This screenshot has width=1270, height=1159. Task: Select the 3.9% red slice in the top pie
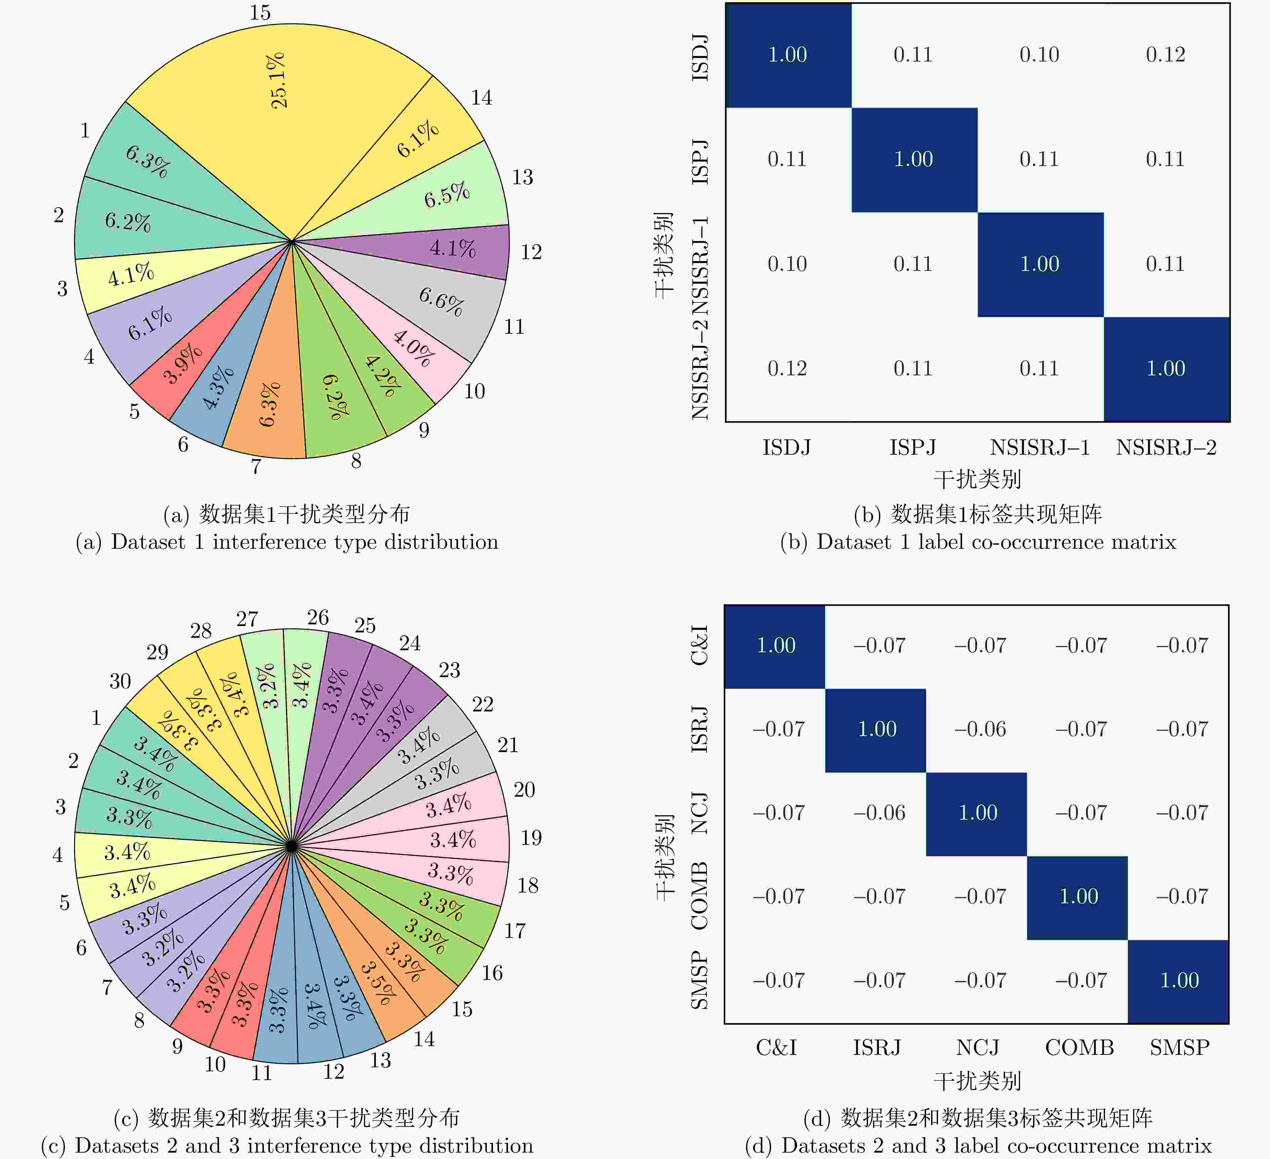point(183,364)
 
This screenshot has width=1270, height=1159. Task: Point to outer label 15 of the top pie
point(259,13)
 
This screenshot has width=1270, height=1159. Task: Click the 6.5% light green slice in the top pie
point(447,195)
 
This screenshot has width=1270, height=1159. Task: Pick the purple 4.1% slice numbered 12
point(452,248)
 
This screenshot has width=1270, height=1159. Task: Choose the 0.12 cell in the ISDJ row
point(1166,55)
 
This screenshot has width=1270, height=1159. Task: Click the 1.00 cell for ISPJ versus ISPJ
point(914,159)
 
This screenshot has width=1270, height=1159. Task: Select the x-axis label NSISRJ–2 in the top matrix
point(1166,448)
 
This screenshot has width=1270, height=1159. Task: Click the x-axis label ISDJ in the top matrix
point(787,448)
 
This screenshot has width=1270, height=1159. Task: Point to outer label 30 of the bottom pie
point(120,681)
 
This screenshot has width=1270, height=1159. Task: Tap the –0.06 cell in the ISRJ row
point(980,729)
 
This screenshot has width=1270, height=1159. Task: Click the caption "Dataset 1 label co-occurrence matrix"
point(978,542)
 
